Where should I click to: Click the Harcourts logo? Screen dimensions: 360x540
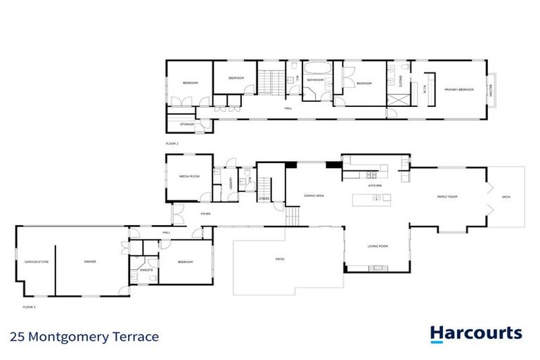tap(475, 333)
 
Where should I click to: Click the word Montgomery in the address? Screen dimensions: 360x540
tap(77, 336)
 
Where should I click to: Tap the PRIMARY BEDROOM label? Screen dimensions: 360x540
tap(458, 89)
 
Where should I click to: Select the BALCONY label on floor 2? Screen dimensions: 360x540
tap(491, 89)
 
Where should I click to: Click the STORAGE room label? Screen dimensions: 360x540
tap(187, 124)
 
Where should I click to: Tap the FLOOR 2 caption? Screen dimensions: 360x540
tap(172, 143)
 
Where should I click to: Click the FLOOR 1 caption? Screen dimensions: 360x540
tap(29, 307)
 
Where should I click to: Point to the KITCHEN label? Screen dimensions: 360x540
tap(375, 185)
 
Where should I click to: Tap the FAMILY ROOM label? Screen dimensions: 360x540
tap(448, 197)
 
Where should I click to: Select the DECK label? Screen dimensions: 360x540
tap(506, 197)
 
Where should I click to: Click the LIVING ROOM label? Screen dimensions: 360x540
tap(378, 246)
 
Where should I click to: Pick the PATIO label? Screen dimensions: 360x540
tap(280, 259)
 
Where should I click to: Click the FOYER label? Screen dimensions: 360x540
tap(205, 214)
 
